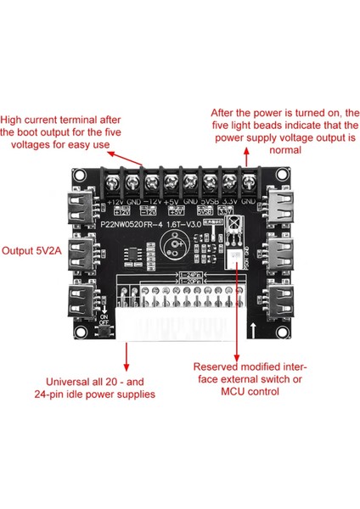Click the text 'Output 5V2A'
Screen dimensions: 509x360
click(x=36, y=252)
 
